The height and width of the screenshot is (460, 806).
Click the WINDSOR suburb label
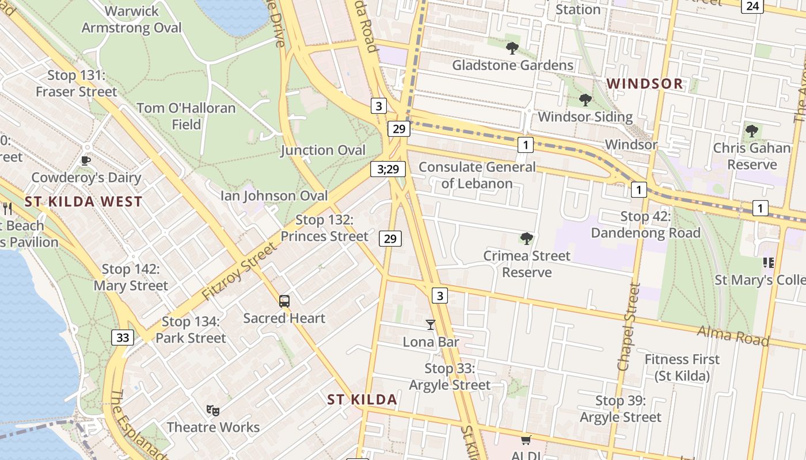645,84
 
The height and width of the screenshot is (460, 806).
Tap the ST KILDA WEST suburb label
83,202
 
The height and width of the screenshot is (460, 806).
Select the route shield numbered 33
123,338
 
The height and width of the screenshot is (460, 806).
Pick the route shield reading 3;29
388,169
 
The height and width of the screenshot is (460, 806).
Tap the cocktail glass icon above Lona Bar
430,325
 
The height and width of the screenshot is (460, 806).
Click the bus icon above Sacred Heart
284,301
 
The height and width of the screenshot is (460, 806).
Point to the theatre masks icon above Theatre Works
213,410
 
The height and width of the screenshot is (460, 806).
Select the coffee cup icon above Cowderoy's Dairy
86,160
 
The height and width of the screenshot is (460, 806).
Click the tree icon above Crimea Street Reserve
526,239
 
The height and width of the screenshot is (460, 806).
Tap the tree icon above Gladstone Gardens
512,48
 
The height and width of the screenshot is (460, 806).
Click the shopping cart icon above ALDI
525,440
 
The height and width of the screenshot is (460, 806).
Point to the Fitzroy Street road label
239,271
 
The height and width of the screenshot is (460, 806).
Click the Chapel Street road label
629,327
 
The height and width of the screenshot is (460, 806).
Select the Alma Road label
733,335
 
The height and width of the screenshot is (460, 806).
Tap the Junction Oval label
323,151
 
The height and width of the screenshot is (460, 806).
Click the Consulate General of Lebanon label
477,175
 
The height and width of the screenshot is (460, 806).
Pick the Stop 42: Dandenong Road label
645,225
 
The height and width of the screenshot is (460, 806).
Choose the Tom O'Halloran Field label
187,116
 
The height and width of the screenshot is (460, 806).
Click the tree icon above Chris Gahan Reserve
751,131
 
